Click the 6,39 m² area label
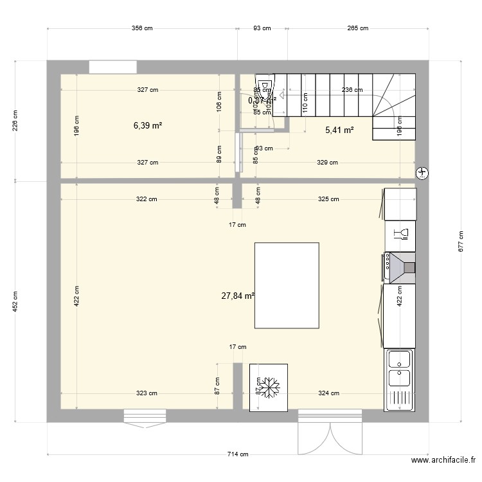pos(148,125)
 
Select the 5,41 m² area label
pos(339,130)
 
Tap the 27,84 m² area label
pos(238,296)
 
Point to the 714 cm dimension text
pos(238,454)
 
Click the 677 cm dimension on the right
pos(461,241)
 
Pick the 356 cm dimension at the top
pos(142,28)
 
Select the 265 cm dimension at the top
pos(357,28)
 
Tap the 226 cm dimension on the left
pos(15,121)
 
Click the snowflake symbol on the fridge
pos(268,388)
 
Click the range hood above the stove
pos(402,267)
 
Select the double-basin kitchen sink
pos(400,379)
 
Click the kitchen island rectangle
pos(287,285)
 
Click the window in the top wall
pos(112,67)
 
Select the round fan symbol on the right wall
pos(422,172)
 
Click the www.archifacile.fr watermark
pos(443,460)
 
